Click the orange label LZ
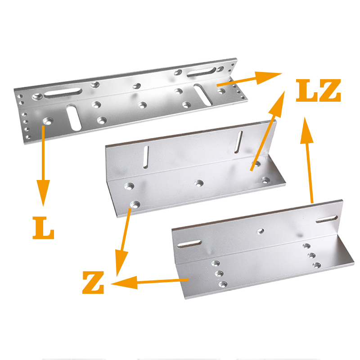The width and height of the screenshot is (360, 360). pos(318,90)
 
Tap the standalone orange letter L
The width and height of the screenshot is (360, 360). pos(43,228)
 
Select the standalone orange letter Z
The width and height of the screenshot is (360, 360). pos(93,283)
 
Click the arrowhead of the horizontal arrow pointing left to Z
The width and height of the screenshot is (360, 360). pos(124,283)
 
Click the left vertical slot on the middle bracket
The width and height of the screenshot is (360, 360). pos(145,157)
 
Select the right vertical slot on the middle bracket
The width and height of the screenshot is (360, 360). pos(238,142)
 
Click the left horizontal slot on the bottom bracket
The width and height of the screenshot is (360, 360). pos(189,244)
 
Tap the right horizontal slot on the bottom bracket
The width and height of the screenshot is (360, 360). pos(327,219)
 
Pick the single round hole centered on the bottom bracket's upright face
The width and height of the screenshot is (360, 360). pos(260,231)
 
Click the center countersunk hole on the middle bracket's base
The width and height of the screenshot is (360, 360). pos(199,183)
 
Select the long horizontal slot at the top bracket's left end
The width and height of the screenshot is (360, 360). pos(63,92)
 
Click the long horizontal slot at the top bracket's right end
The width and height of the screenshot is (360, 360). pos(202,72)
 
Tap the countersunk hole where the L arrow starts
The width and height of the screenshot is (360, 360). pos(48,121)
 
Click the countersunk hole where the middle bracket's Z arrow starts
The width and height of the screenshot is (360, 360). pos(135,204)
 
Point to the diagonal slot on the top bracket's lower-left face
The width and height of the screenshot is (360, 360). pos(74,117)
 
